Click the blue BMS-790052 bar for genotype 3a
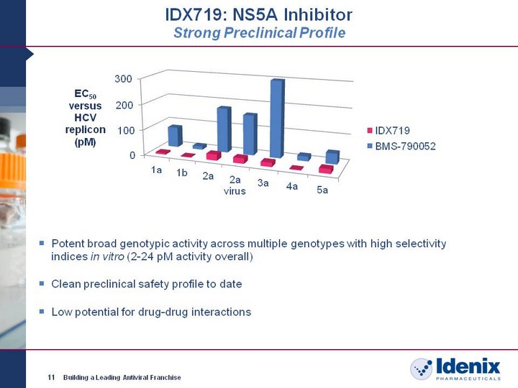pos(277,119)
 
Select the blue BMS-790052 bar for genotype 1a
pos(175,136)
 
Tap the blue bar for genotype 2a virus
pos(250,134)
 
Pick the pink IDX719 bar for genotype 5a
pos(326,169)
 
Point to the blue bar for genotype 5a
pos(332,157)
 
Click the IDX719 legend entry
pos(388,130)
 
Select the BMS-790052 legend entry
pos(401,146)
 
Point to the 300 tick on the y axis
pos(123,78)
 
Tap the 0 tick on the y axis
pos(132,155)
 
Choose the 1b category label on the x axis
pos(182,172)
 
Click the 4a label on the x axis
pos(292,186)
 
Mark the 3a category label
pos(263,183)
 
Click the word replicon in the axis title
pos(85,129)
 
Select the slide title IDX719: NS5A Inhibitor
pos(259,15)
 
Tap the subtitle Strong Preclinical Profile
pos(259,32)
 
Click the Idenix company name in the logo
pos(468,366)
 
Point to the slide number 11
pos(51,377)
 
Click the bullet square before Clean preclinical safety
pos(42,283)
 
